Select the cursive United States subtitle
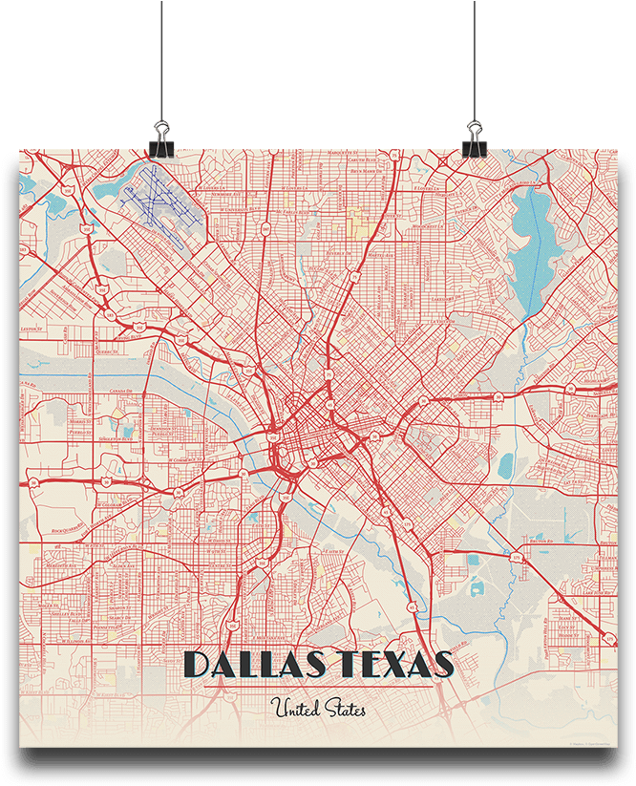[318, 710]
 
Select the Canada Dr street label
[122, 392]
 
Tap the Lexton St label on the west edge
[32, 328]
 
